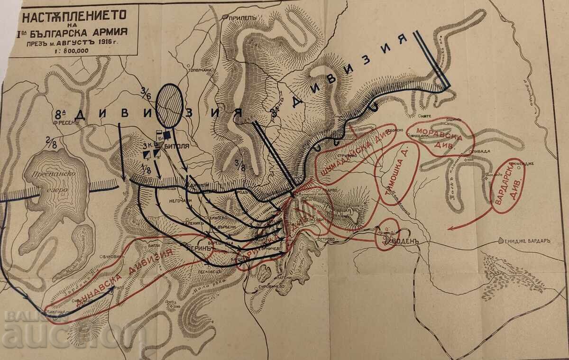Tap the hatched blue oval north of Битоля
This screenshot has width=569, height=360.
point(170,105)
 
